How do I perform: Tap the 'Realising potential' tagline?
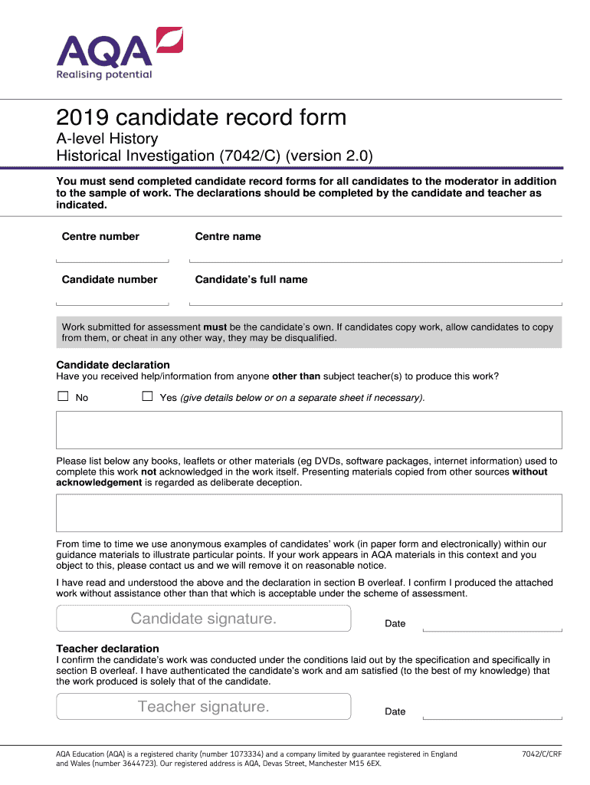104,74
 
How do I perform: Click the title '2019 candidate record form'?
201,117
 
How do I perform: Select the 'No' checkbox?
63,396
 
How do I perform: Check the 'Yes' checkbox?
147,396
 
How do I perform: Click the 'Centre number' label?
100,236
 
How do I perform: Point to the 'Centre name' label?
228,236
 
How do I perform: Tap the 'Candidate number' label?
110,279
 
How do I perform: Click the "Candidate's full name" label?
251,279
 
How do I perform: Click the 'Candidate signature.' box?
203,618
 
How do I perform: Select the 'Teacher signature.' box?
203,706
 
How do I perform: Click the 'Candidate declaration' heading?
113,364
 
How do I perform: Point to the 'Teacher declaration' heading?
108,649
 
